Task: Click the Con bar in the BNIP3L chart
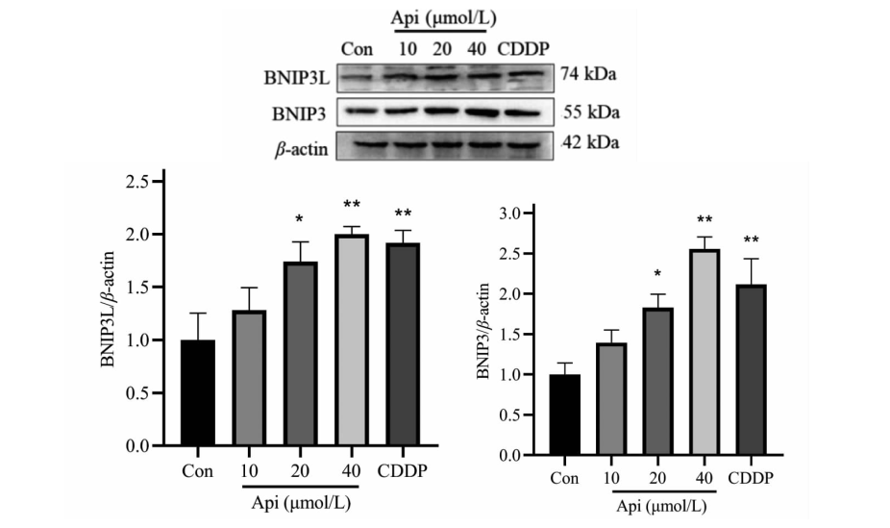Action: point(198,393)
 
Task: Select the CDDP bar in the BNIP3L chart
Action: point(403,344)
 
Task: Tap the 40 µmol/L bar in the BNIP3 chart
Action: point(705,352)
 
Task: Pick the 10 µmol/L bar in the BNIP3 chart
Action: point(611,399)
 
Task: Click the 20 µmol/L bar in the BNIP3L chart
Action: point(300,354)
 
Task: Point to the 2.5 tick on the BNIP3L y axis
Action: point(159,182)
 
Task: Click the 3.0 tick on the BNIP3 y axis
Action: point(528,214)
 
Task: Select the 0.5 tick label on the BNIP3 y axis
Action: point(509,415)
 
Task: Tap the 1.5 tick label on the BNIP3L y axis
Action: point(136,288)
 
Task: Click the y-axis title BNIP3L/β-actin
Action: point(108,309)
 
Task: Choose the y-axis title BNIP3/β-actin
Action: point(483,331)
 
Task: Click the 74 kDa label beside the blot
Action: point(588,74)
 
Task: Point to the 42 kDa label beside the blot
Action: point(590,142)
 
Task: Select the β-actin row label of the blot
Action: point(302,149)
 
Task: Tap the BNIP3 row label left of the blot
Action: point(299,114)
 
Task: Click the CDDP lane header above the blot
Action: point(523,49)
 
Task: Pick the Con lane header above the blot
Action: point(357,49)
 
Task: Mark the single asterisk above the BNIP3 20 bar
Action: point(657,274)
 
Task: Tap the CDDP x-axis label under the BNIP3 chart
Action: point(751,478)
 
